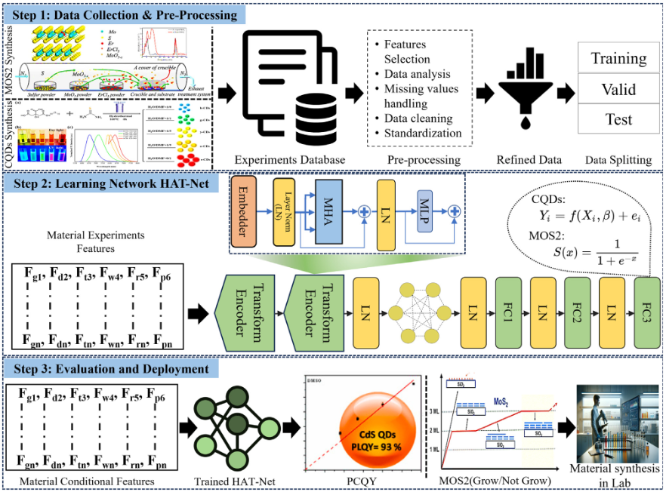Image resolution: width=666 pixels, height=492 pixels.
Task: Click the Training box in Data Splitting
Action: tap(618, 58)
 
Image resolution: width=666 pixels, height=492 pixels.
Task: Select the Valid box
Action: tap(618, 89)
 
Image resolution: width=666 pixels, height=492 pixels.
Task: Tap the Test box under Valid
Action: tap(618, 119)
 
